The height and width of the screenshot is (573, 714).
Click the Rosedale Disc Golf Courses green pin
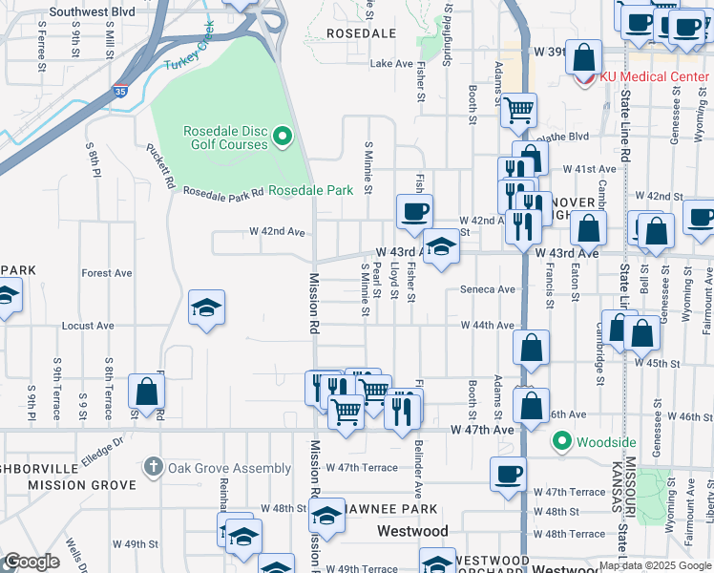tap(282, 138)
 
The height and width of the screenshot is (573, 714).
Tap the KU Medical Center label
tap(654, 77)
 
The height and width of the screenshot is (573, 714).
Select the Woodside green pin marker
tap(562, 441)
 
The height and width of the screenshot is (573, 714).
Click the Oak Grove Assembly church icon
tap(152, 468)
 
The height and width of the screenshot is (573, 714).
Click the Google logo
tap(32, 562)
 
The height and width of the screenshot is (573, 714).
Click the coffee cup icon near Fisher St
tap(413, 210)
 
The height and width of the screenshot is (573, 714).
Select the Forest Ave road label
tap(107, 272)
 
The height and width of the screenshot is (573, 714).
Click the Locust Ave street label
tap(87, 326)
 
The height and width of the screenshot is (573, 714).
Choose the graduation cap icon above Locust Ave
tap(206, 307)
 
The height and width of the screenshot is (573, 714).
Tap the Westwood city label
tap(412, 530)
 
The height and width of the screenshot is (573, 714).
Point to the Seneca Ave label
tap(487, 289)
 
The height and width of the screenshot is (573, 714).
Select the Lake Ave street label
tap(389, 64)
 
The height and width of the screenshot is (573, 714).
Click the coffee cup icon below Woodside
tap(509, 472)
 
